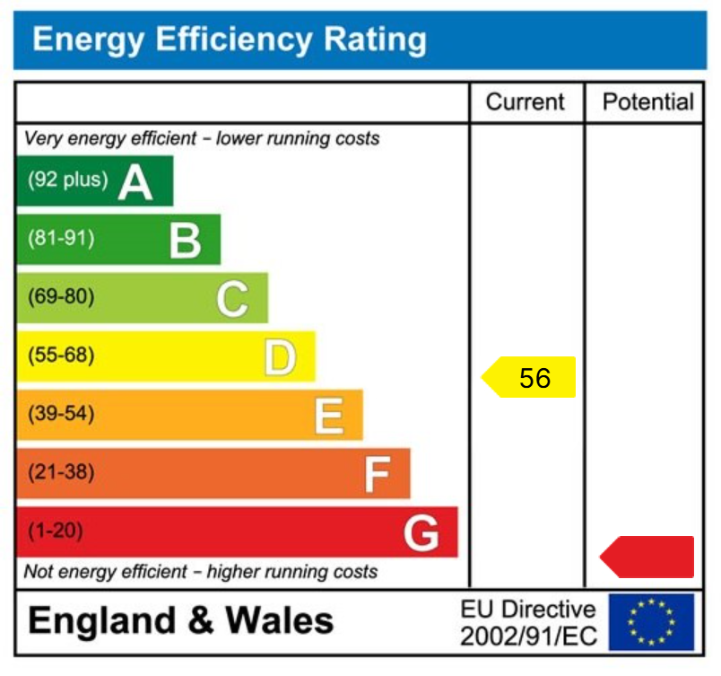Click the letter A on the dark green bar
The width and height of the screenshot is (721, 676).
click(135, 182)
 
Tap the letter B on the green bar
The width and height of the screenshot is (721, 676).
click(185, 241)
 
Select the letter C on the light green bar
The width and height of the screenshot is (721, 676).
click(231, 299)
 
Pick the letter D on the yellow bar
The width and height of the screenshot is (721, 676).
click(280, 357)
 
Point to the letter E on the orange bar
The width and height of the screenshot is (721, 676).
click(328, 416)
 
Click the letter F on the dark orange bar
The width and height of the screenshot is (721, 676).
click(377, 474)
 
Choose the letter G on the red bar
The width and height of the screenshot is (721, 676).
click(421, 533)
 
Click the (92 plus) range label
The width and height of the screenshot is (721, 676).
click(67, 180)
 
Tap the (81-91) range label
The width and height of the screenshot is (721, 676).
click(61, 239)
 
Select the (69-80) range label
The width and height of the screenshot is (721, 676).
click(61, 297)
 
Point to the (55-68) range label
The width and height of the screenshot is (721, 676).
click(61, 356)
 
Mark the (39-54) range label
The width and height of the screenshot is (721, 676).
click(61, 414)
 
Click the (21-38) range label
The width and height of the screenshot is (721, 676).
click(61, 472)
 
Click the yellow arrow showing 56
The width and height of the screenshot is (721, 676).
click(529, 378)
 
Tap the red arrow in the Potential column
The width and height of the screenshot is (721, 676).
click(648, 557)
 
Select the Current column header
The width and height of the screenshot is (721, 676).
click(526, 102)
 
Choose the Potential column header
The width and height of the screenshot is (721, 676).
click(648, 102)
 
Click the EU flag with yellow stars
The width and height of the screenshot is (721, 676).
click(651, 622)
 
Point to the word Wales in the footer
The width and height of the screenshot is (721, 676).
click(279, 621)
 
